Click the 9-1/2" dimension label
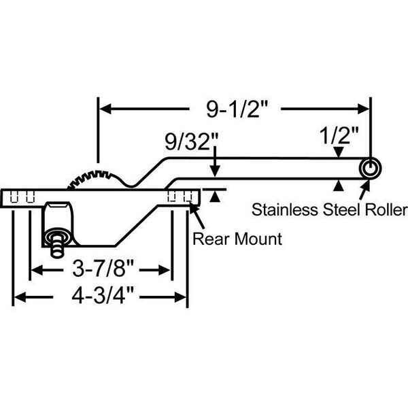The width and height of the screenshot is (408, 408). tap(237, 109)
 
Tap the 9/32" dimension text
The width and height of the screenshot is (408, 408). tap(191, 142)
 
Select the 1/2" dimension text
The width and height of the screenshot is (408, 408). tap(339, 135)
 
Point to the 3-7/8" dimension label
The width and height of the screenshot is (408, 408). tap(103, 269)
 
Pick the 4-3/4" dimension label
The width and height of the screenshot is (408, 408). tap(103, 296)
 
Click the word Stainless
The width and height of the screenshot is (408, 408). tap(285, 209)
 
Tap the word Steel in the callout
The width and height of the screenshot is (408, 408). tap(342, 209)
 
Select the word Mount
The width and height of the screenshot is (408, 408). tap(258, 239)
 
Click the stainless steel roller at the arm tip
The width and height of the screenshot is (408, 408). tap(370, 168)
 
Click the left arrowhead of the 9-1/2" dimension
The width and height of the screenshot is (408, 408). tap(105, 109)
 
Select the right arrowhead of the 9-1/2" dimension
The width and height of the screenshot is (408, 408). tap(363, 109)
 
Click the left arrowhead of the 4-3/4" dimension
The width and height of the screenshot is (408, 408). tap(20, 297)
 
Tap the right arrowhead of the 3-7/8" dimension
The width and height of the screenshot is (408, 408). tap(164, 270)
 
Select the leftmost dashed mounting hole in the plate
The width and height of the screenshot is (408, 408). tap(14, 197)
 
